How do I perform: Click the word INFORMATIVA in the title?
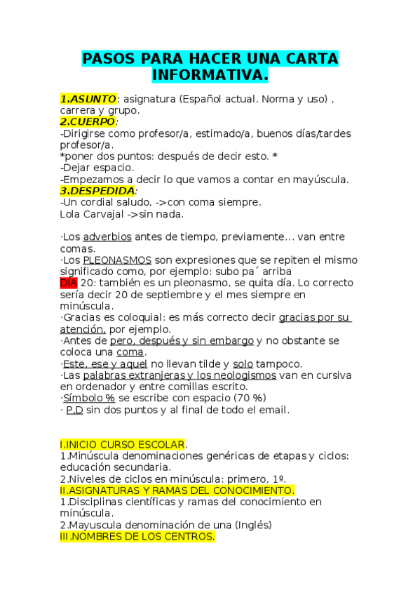click(210, 74)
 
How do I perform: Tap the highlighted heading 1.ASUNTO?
click(88, 100)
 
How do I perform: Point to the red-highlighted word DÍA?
click(68, 283)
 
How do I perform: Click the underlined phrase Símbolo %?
click(89, 398)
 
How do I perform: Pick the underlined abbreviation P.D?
click(74, 410)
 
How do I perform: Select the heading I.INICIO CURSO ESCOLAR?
click(123, 444)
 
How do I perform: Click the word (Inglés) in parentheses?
click(253, 525)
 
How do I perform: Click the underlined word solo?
click(243, 363)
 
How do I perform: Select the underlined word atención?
click(83, 329)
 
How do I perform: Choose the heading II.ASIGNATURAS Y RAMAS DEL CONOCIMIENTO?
click(177, 490)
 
